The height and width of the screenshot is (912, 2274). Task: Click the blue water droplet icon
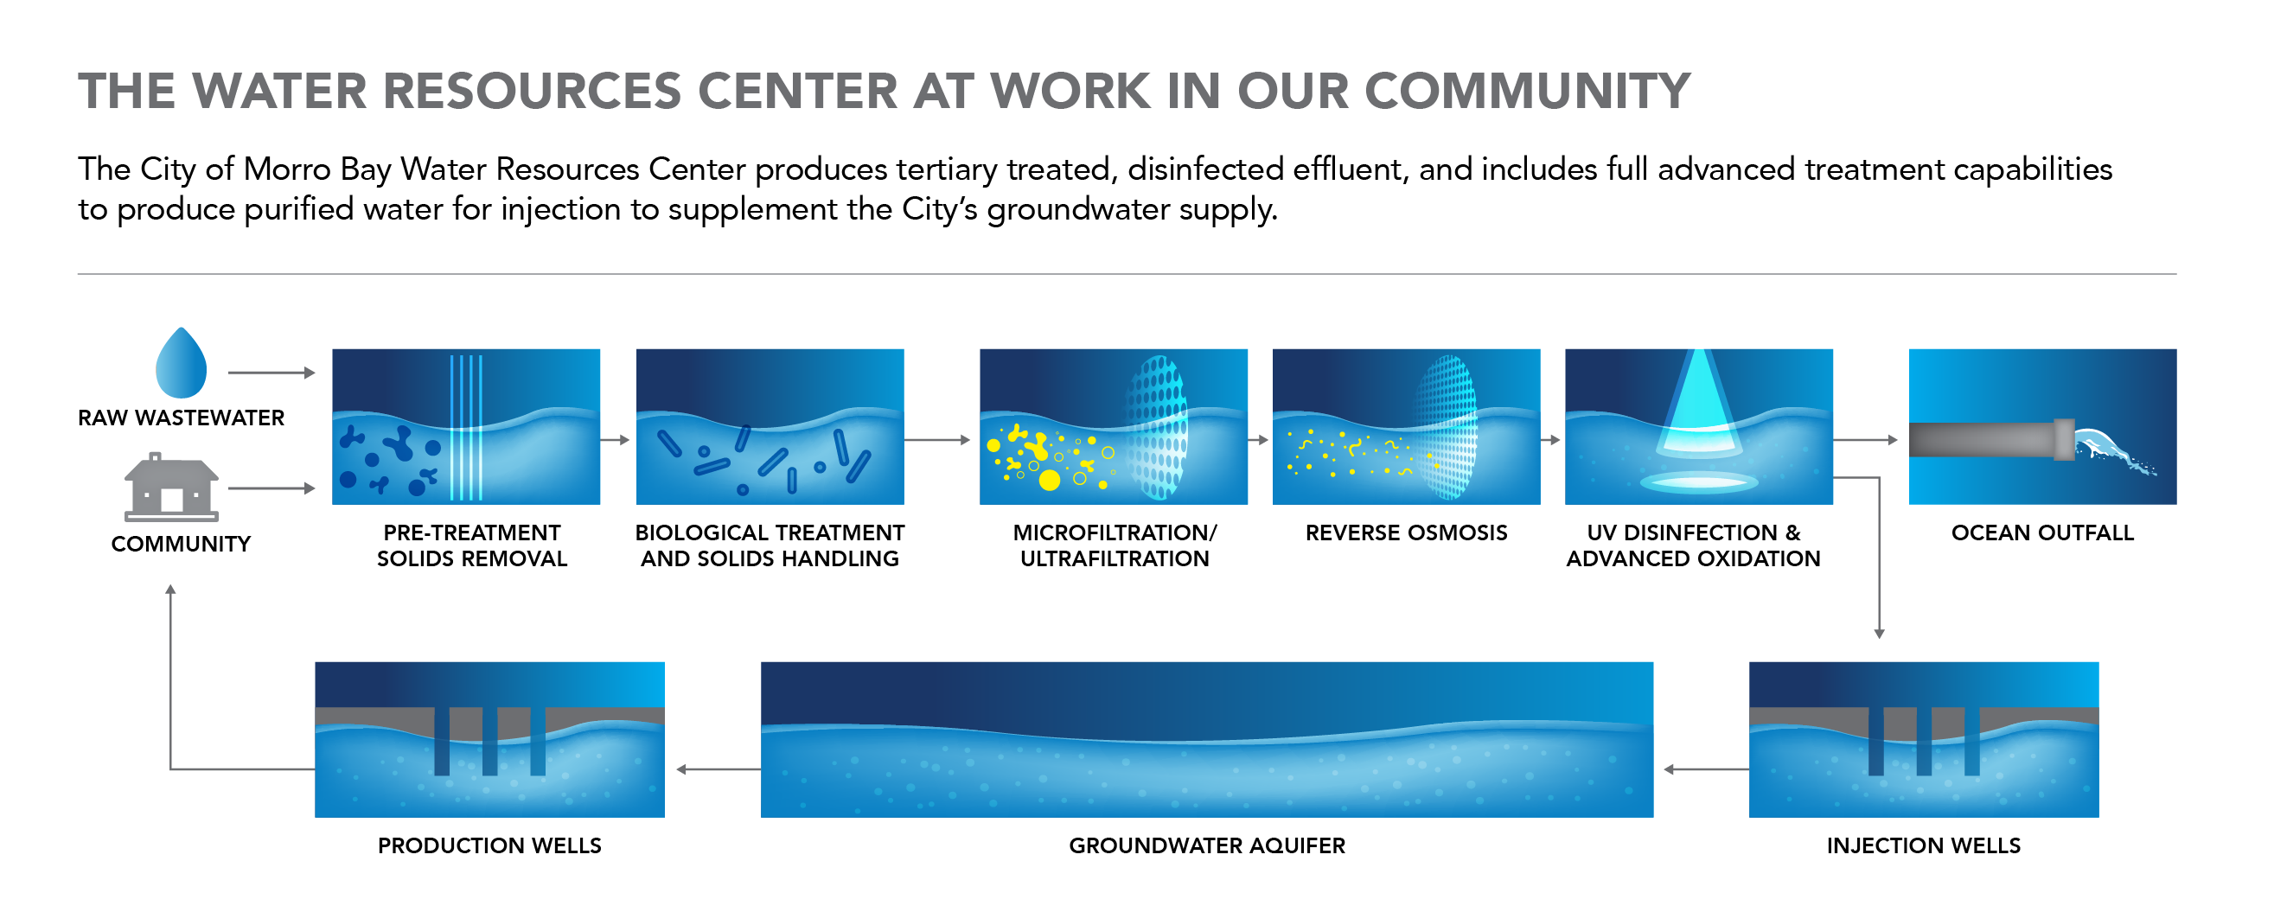tap(181, 363)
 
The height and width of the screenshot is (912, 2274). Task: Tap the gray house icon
tap(171, 488)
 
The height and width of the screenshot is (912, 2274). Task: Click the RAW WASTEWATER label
tap(181, 418)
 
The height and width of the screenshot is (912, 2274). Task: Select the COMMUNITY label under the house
tap(181, 544)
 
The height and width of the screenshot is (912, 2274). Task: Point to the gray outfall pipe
tap(1991, 440)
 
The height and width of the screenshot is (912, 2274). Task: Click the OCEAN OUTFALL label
tap(2043, 533)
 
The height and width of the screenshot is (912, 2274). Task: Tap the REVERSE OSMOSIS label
tap(1406, 533)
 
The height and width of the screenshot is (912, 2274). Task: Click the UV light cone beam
tap(1698, 398)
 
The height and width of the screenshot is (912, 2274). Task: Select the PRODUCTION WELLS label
tap(490, 845)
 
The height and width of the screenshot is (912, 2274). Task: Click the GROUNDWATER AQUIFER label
tap(1207, 845)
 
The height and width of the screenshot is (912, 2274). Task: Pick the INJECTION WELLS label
tap(1924, 845)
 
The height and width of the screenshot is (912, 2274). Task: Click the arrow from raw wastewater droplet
tap(271, 373)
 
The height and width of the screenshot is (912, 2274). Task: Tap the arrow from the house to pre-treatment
tap(271, 488)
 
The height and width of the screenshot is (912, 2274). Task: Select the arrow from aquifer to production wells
tap(719, 770)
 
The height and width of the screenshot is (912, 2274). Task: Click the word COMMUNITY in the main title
tap(1527, 91)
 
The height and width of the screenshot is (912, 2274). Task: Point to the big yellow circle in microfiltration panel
tap(1049, 481)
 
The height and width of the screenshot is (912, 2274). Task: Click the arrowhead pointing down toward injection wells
tap(1880, 634)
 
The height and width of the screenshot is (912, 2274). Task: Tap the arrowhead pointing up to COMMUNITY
tap(170, 589)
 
